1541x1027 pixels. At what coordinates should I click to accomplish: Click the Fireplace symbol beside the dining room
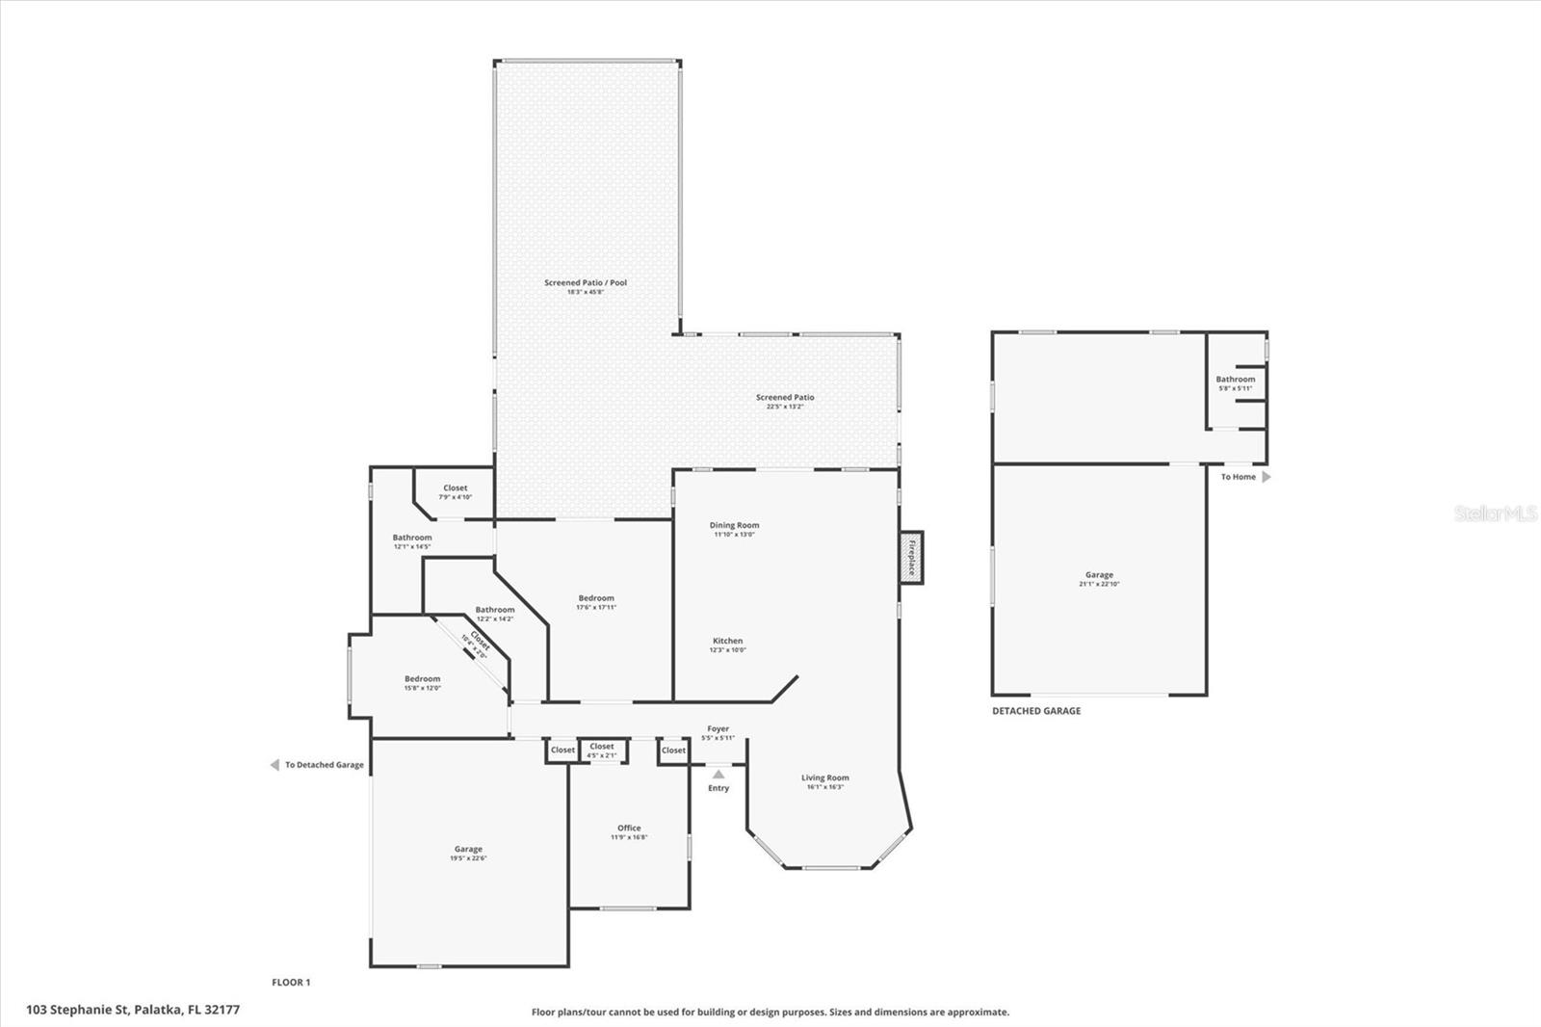coord(911,557)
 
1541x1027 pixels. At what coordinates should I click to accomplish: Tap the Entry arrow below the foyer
coord(718,774)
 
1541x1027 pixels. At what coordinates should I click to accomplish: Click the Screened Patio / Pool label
coord(586,283)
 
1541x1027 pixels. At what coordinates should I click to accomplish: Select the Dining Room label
coord(734,526)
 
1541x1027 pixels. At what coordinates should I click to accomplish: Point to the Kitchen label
coord(727,641)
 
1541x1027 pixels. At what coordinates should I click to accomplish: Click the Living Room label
coord(825,778)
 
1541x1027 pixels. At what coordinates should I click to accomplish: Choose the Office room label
coord(629,829)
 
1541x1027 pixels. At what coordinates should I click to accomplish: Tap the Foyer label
coord(718,729)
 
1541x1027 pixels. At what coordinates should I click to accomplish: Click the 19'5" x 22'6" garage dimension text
coord(468,858)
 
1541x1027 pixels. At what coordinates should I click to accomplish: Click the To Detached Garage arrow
coord(274,765)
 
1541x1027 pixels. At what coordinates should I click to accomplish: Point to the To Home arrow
coord(1267,477)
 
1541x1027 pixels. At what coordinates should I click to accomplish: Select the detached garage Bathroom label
coord(1236,380)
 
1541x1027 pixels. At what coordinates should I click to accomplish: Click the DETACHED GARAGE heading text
coord(1036,711)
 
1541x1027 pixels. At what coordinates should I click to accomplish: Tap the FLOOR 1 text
coord(291,983)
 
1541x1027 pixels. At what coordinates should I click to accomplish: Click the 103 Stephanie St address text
coord(133,1010)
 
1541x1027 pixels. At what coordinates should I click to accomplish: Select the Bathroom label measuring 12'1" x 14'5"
coord(412,538)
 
